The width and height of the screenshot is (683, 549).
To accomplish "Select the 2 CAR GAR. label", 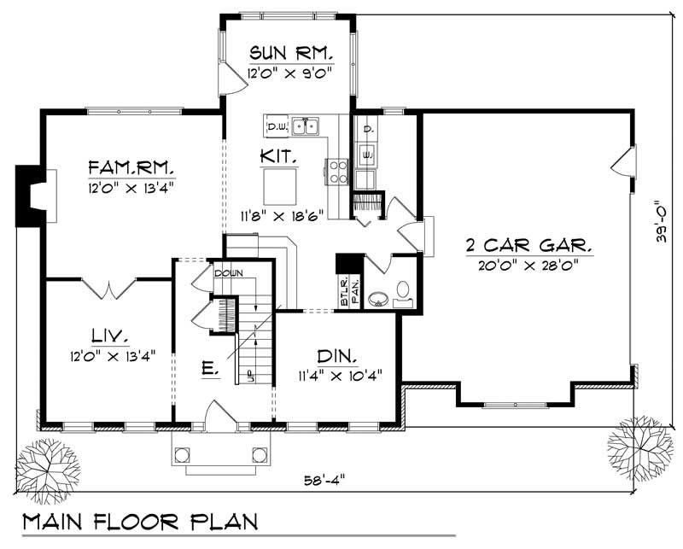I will click(528, 247).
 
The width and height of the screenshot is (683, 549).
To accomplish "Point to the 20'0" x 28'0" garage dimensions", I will click(528, 265).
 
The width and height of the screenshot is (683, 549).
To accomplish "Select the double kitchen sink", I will click(305, 127).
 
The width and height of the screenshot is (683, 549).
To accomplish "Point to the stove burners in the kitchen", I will click(336, 172).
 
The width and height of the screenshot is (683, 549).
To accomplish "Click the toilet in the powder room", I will click(404, 291).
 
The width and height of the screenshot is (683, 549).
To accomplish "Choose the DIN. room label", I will click(336, 353).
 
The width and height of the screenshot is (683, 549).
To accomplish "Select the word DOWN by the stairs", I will click(229, 274).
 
